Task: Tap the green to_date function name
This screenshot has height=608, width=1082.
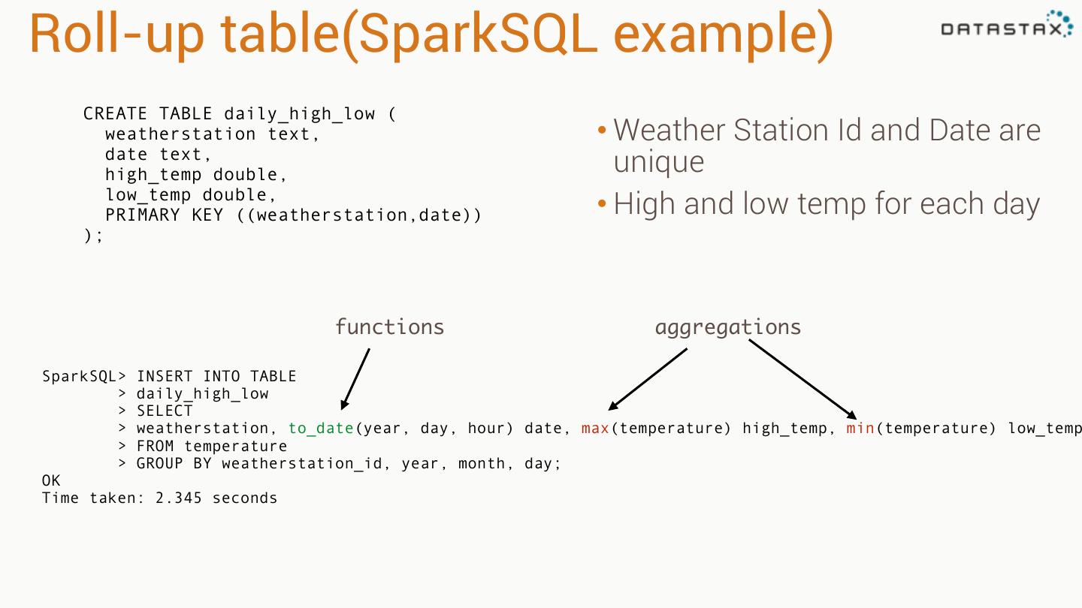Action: pyautogui.click(x=321, y=429)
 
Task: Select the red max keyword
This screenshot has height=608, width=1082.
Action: pyautogui.click(x=595, y=429)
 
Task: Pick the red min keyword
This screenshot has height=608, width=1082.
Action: pyautogui.click(x=860, y=429)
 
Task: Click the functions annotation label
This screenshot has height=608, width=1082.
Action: pyautogui.click(x=389, y=327)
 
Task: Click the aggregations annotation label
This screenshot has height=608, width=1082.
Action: pyautogui.click(x=727, y=327)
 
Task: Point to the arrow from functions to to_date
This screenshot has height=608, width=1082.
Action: pyautogui.click(x=355, y=378)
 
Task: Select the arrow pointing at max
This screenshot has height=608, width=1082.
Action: pyautogui.click(x=648, y=379)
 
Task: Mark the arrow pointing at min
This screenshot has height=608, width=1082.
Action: pyautogui.click(x=802, y=379)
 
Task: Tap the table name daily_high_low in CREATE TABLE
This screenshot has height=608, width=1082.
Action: pyautogui.click(x=299, y=114)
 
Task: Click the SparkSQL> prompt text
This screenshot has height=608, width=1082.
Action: pyautogui.click(x=84, y=377)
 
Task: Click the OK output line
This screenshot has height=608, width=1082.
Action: pyautogui.click(x=51, y=481)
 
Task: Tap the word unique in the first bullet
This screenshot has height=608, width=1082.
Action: pyautogui.click(x=659, y=163)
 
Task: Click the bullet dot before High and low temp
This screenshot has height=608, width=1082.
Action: pyautogui.click(x=602, y=204)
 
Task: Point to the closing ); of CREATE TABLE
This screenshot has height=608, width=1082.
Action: pyautogui.click(x=93, y=236)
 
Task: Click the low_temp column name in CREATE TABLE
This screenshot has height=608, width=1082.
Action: pyautogui.click(x=148, y=195)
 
